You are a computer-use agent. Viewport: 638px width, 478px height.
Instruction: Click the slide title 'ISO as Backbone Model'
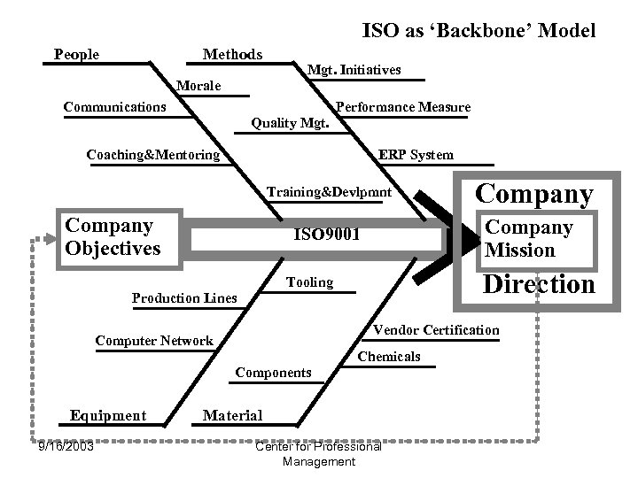(x=478, y=30)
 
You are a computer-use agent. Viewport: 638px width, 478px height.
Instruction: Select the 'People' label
(x=76, y=55)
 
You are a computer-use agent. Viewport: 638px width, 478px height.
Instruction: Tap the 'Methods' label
(x=232, y=55)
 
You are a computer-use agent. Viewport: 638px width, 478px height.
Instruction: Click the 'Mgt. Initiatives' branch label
(x=354, y=69)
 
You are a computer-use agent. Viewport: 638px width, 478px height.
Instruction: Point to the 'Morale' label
(x=199, y=86)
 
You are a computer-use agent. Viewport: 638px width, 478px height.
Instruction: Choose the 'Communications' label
(x=114, y=107)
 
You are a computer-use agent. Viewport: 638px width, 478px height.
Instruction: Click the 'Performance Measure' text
(x=403, y=107)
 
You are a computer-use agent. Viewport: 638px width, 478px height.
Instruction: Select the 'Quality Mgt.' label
(x=291, y=123)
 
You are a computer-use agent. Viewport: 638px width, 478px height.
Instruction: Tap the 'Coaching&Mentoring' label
(x=153, y=155)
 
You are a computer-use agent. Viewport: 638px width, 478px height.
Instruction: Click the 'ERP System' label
(x=416, y=154)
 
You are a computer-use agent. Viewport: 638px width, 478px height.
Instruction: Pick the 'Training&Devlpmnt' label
(x=330, y=191)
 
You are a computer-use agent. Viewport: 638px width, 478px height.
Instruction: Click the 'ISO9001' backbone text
(x=327, y=236)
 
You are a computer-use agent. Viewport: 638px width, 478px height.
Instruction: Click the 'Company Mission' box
(x=529, y=238)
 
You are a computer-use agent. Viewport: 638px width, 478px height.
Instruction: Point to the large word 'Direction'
(x=538, y=284)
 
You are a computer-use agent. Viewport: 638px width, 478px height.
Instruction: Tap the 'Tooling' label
(x=309, y=282)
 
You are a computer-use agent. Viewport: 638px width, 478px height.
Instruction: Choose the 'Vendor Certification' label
(x=436, y=330)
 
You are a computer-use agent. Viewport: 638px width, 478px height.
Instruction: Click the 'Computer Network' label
(x=154, y=341)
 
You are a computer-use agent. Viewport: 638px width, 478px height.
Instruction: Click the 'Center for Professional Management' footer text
(x=317, y=453)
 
